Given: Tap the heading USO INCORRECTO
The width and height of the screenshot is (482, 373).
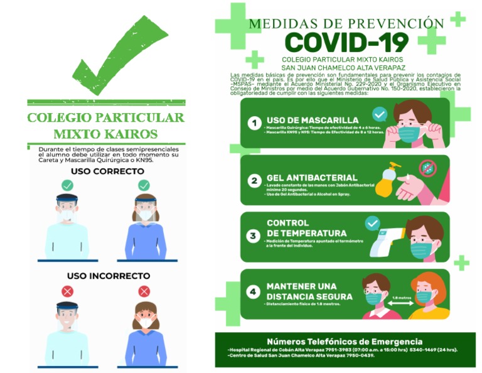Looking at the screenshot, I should point(109,276).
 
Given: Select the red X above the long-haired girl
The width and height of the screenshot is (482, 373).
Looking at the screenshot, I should point(144,291).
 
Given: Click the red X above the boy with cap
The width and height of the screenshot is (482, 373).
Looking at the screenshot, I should point(67,291).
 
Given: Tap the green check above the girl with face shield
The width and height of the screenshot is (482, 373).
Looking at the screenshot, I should point(144,186).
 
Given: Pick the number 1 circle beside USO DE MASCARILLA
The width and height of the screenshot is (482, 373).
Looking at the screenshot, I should point(254,123).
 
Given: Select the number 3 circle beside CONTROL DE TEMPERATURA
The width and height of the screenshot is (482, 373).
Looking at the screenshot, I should point(254,236).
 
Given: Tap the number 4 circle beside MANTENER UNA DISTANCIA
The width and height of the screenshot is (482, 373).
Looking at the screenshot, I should point(254,292).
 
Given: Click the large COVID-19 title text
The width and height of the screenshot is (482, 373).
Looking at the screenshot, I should point(346,42).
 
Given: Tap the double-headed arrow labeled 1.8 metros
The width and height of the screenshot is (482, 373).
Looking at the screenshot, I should point(401,303).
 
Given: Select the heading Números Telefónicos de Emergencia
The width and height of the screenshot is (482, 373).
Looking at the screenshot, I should point(345,341).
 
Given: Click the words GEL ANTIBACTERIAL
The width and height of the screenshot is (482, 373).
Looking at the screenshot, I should point(312,178).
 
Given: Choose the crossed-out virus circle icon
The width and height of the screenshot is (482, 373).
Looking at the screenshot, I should point(428,168).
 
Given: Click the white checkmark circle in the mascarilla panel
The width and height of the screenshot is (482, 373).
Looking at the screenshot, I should point(379,114).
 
